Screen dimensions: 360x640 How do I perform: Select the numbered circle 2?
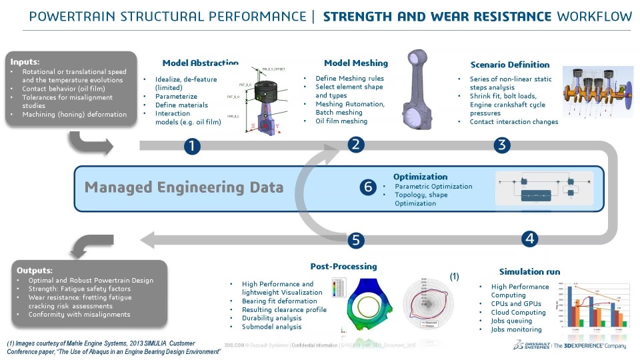355,145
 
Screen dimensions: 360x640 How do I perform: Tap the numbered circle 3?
502,145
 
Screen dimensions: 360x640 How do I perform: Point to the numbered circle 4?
529,238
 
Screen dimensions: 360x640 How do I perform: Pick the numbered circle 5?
356,240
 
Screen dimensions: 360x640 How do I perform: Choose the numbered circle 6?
367,187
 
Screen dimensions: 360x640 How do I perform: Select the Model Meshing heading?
355,63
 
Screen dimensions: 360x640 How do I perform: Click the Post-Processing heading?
343,266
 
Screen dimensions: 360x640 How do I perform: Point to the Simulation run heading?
529,271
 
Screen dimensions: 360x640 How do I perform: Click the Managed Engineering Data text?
184,187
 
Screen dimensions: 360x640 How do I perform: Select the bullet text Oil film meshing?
341,121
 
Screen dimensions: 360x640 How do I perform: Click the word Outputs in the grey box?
35,270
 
